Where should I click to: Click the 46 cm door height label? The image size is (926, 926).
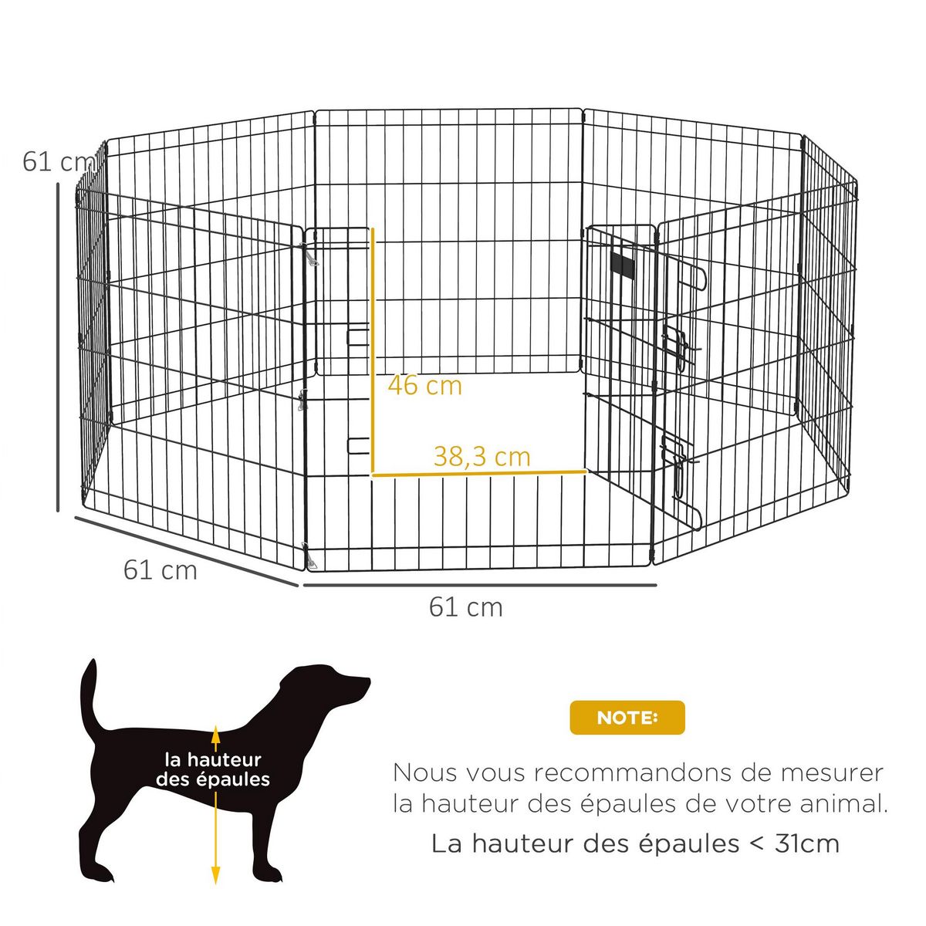[424, 384]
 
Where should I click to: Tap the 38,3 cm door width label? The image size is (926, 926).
[482, 456]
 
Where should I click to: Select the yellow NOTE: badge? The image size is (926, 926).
[627, 718]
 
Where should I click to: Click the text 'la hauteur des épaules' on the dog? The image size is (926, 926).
[213, 770]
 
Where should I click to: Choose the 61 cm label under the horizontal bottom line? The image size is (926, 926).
[465, 607]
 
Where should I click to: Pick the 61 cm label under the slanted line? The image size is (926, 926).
[160, 570]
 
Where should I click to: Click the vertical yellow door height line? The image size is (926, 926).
[373, 347]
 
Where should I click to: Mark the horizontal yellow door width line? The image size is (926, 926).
[478, 472]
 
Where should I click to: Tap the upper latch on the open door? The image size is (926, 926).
[676, 343]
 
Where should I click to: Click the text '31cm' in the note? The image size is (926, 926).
[806, 843]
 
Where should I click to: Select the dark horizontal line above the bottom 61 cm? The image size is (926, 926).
[478, 585]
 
